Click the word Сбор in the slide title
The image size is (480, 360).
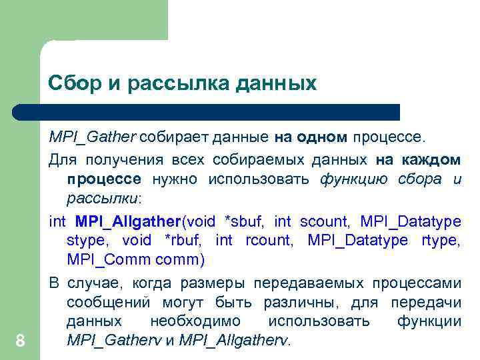coord(71,85)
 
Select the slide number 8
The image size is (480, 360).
coord(20,341)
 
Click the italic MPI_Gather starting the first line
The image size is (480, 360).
coord(92,137)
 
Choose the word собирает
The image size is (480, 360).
coord(173,137)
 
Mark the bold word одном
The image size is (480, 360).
coord(322,137)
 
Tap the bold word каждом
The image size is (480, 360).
coord(431,160)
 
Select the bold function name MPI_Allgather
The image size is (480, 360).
coord(129,220)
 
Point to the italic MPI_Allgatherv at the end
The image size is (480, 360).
coord(235,341)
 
